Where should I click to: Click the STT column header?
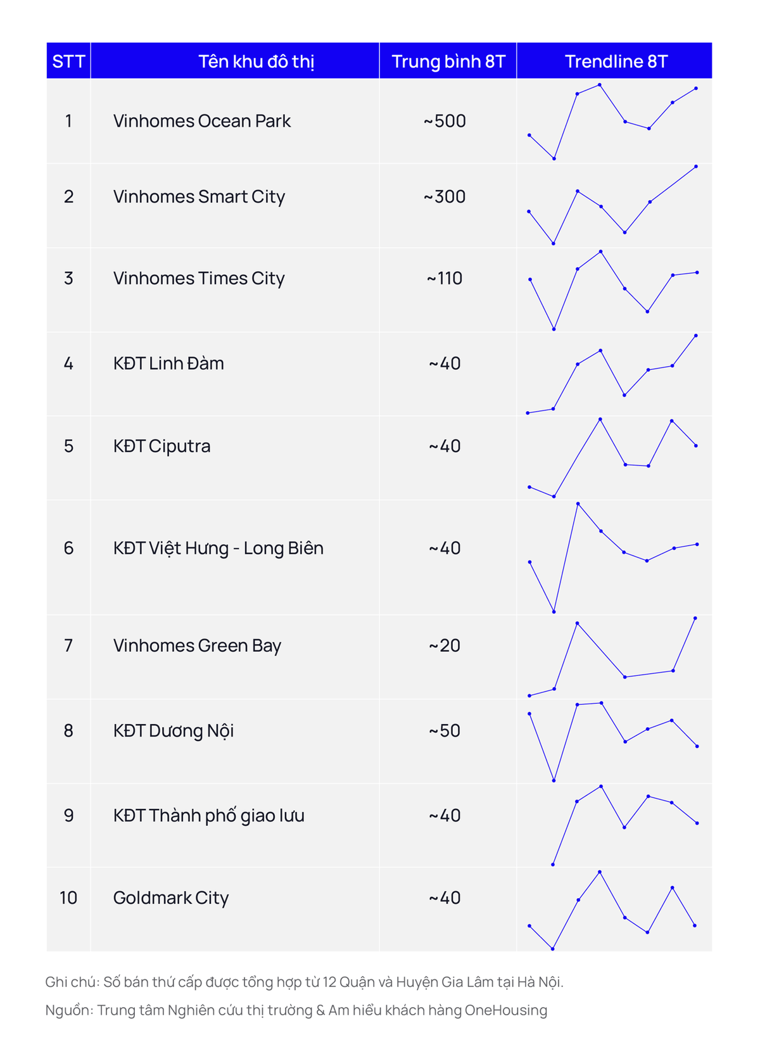(68, 61)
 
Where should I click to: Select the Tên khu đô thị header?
(256, 61)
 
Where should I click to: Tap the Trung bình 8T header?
(448, 61)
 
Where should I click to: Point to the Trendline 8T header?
(616, 61)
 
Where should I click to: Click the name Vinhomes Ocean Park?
(201, 121)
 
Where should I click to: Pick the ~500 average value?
(445, 121)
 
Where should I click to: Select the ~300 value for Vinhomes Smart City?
(445, 196)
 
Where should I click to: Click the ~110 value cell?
(445, 278)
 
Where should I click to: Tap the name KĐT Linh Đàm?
(168, 364)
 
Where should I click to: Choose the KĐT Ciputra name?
(161, 446)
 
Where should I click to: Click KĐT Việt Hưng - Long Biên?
(218, 548)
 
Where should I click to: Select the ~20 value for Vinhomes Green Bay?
(445, 645)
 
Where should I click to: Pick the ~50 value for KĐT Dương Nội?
(445, 730)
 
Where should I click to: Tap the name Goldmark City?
(170, 897)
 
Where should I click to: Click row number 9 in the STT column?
(68, 815)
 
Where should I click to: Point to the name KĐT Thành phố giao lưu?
(208, 815)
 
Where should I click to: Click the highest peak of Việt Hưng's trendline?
(578, 504)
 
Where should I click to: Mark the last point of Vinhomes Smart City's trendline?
(696, 167)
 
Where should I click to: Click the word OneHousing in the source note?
(505, 1010)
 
